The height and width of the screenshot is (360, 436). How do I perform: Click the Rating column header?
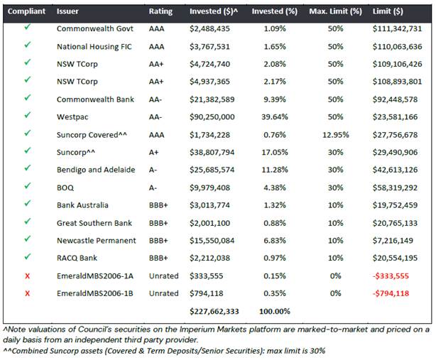pyautogui.click(x=160, y=11)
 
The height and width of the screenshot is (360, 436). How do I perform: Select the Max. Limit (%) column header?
pyautogui.click(x=335, y=11)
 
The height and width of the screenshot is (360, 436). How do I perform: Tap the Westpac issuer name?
pyautogui.click(x=72, y=117)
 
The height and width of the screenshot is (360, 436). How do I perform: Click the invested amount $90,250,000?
pyautogui.click(x=212, y=117)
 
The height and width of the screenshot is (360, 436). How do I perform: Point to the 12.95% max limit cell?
pyautogui.click(x=335, y=135)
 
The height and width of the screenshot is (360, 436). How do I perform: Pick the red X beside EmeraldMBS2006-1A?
pyautogui.click(x=27, y=276)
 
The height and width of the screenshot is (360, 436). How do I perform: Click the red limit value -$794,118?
pyautogui.click(x=391, y=293)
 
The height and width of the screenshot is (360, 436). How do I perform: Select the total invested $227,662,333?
pyautogui.click(x=214, y=311)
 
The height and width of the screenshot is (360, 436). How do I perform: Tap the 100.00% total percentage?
pyautogui.click(x=274, y=311)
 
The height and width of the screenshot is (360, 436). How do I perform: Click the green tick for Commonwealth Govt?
pyautogui.click(x=27, y=27)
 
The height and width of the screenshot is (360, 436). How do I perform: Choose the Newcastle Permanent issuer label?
pyautogui.click(x=96, y=241)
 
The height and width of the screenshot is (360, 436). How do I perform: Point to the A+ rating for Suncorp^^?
pyautogui.click(x=153, y=153)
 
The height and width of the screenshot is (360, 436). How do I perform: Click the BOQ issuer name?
pyautogui.click(x=65, y=188)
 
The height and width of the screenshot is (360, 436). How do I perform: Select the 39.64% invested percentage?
pyautogui.click(x=274, y=117)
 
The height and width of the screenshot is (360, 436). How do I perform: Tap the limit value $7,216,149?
pyautogui.click(x=393, y=241)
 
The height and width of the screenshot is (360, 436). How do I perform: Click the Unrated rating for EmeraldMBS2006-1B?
pyautogui.click(x=163, y=293)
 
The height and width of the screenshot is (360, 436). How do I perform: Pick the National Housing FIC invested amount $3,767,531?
pyautogui.click(x=209, y=47)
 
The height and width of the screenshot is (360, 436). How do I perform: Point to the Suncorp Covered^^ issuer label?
pyautogui.click(x=92, y=135)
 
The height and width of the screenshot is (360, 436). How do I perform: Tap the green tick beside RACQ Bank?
pyautogui.click(x=27, y=256)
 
